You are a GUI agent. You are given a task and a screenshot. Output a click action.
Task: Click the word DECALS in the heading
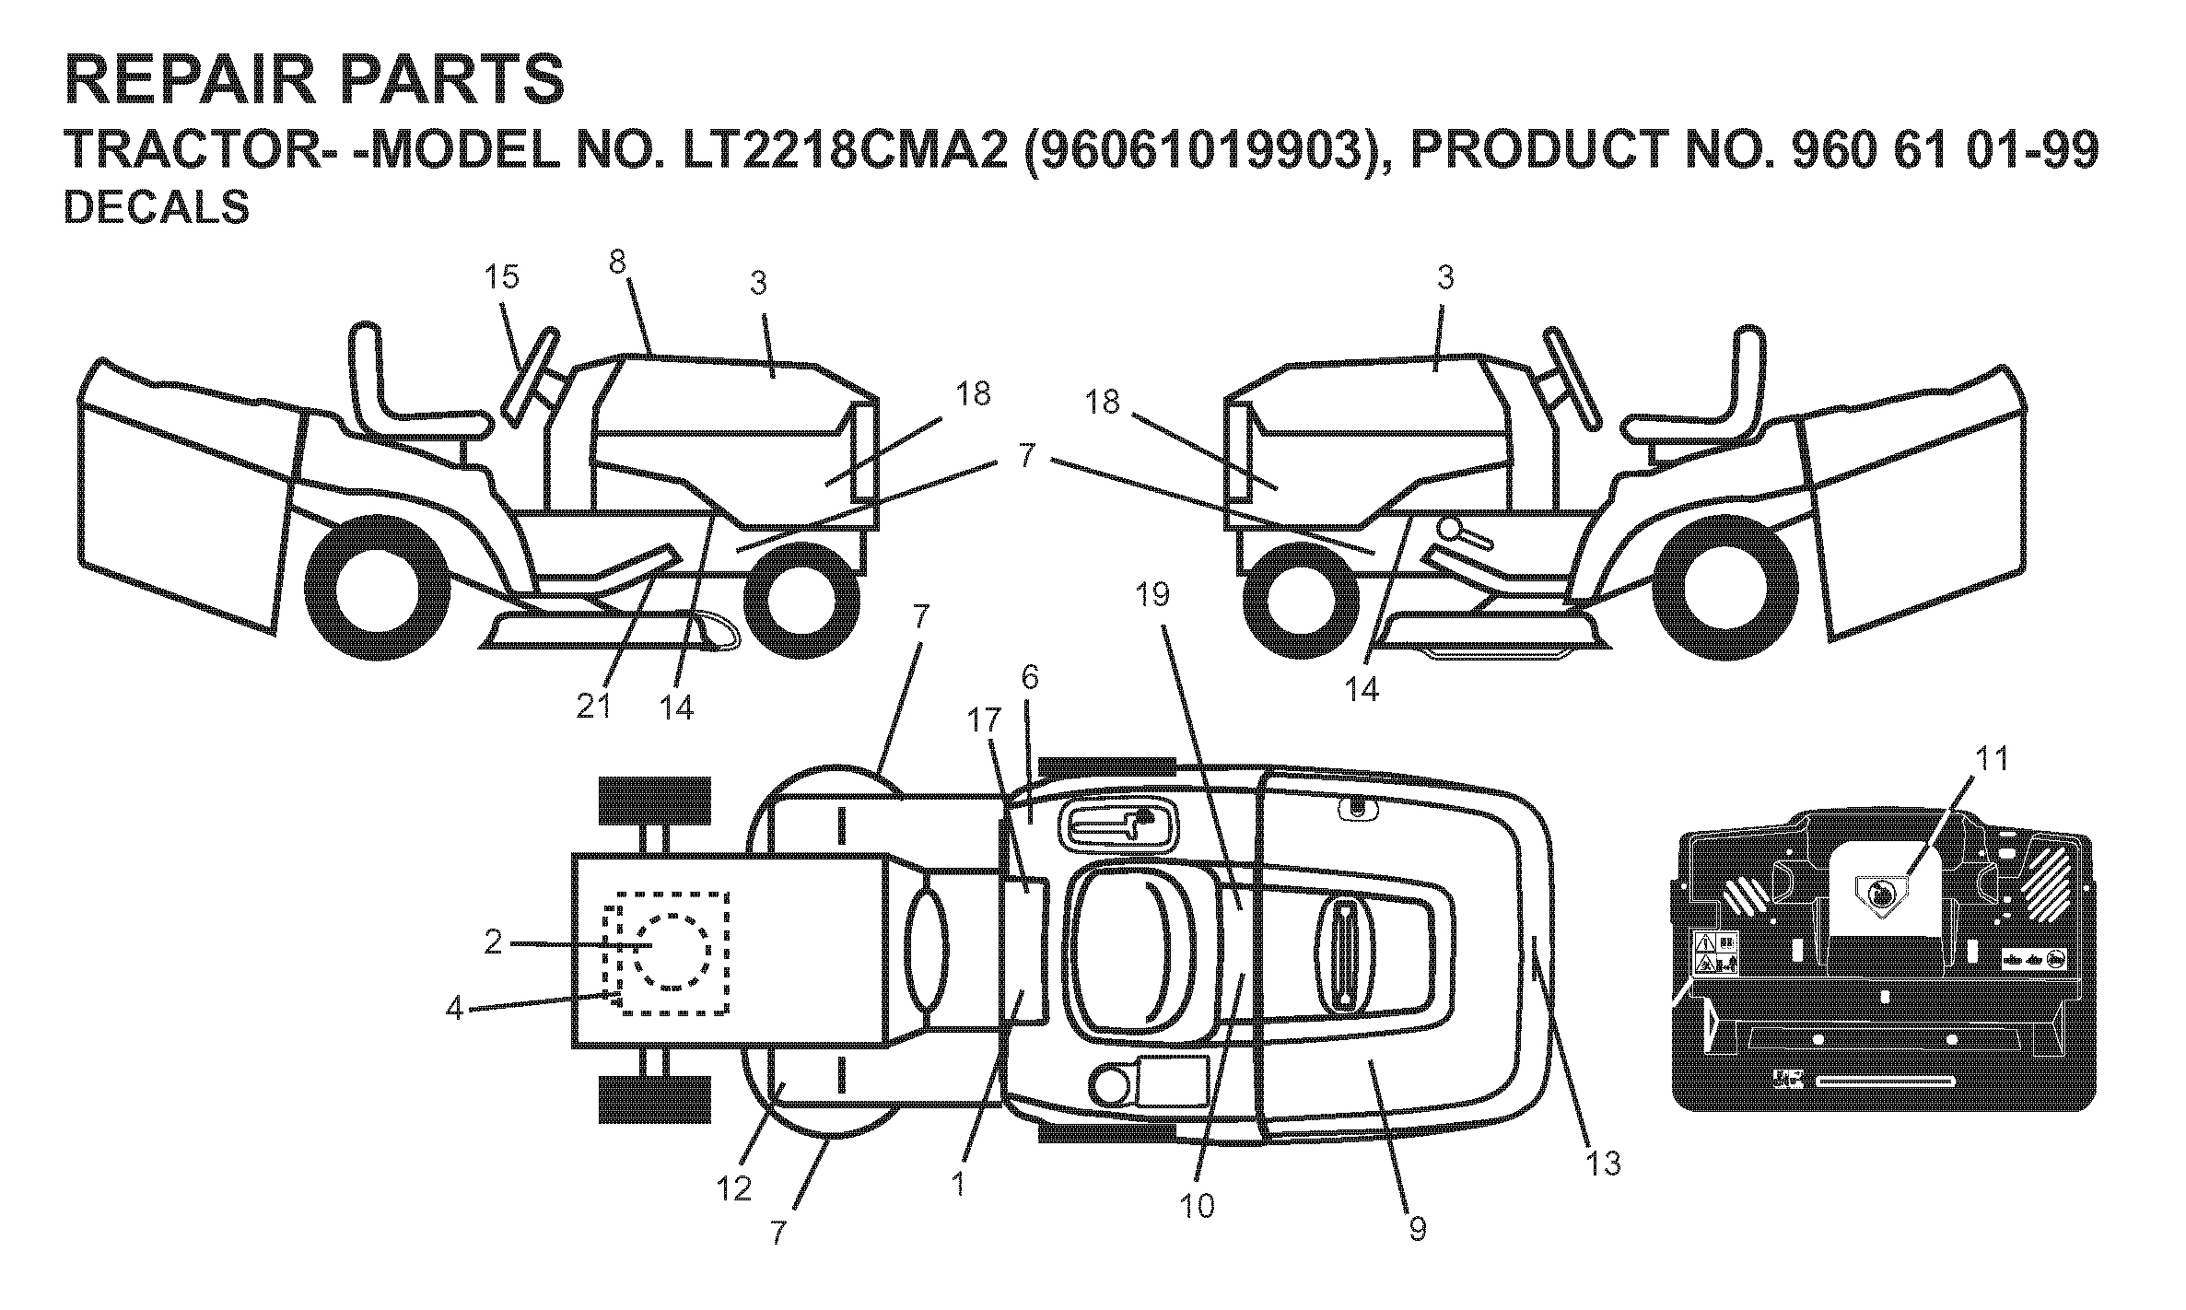(x=157, y=207)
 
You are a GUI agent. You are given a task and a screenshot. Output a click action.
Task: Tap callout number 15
(x=502, y=275)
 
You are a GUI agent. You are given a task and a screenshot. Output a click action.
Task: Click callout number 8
(x=617, y=263)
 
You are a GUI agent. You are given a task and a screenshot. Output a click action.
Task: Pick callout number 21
(x=594, y=708)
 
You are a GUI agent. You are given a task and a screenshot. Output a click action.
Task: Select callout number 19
(x=1152, y=595)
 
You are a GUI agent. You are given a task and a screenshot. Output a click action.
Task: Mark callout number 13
(x=1604, y=1164)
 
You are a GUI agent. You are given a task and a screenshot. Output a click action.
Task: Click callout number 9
(x=1418, y=1228)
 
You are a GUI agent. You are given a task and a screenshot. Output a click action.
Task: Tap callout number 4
(x=454, y=1010)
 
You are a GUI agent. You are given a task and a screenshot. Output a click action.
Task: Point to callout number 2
(x=494, y=942)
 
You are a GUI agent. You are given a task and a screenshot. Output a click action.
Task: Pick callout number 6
(x=1030, y=679)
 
